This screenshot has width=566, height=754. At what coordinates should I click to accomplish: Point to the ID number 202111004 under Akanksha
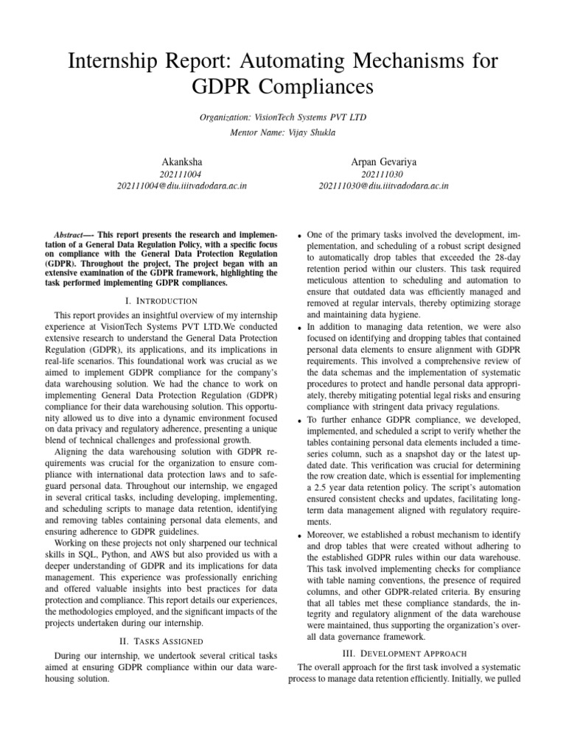coord(181,174)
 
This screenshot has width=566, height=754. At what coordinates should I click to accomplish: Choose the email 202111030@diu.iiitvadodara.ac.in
coord(384,186)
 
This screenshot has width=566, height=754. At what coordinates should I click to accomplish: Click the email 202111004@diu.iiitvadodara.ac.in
coord(181,186)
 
